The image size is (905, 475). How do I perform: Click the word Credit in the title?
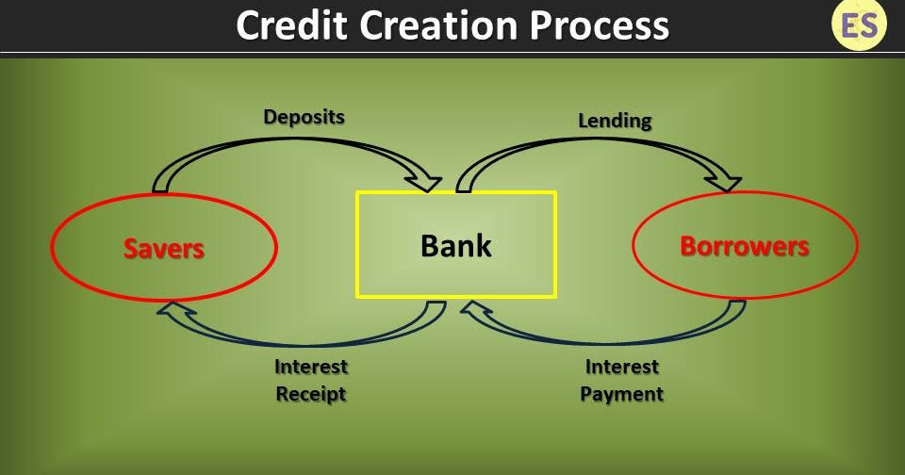pyautogui.click(x=288, y=25)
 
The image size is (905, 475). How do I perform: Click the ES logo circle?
pyautogui.click(x=859, y=25)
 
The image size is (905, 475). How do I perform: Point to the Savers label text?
pyautogui.click(x=164, y=248)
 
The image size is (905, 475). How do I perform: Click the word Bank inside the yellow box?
pyautogui.click(x=456, y=246)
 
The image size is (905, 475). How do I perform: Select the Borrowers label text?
pyautogui.click(x=745, y=246)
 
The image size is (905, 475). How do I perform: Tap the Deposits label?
pyautogui.click(x=304, y=117)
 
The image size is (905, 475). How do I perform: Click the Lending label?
pyautogui.click(x=615, y=121)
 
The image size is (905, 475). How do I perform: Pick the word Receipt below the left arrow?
pyautogui.click(x=311, y=394)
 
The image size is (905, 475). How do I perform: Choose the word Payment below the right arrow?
pyautogui.click(x=622, y=394)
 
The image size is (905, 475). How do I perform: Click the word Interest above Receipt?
pyautogui.click(x=311, y=367)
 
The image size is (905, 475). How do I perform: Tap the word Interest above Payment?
pyautogui.click(x=622, y=367)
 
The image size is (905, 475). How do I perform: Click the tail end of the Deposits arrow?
pyautogui.click(x=161, y=185)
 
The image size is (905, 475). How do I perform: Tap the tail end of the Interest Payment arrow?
pyautogui.click(x=736, y=307)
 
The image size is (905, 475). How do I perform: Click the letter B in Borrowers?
pyautogui.click(x=689, y=246)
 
